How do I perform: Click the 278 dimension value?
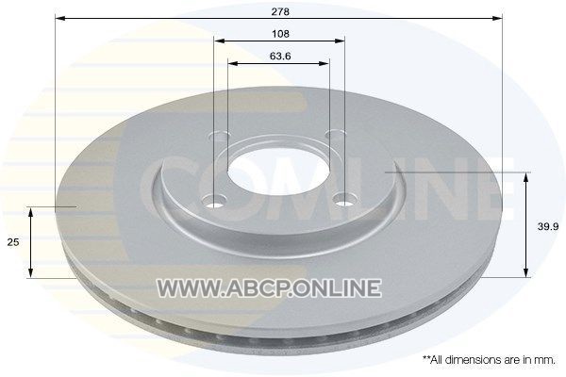tap(280, 12)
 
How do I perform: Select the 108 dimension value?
tap(280, 34)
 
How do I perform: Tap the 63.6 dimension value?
tap(280, 57)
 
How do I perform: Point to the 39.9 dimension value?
tap(548, 226)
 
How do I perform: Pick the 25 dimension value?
tap(13, 242)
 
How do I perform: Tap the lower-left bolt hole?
tap(214, 201)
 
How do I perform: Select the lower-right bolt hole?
tap(344, 199)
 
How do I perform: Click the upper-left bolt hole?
tap(220, 136)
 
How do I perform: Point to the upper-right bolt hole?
tap(335, 134)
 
